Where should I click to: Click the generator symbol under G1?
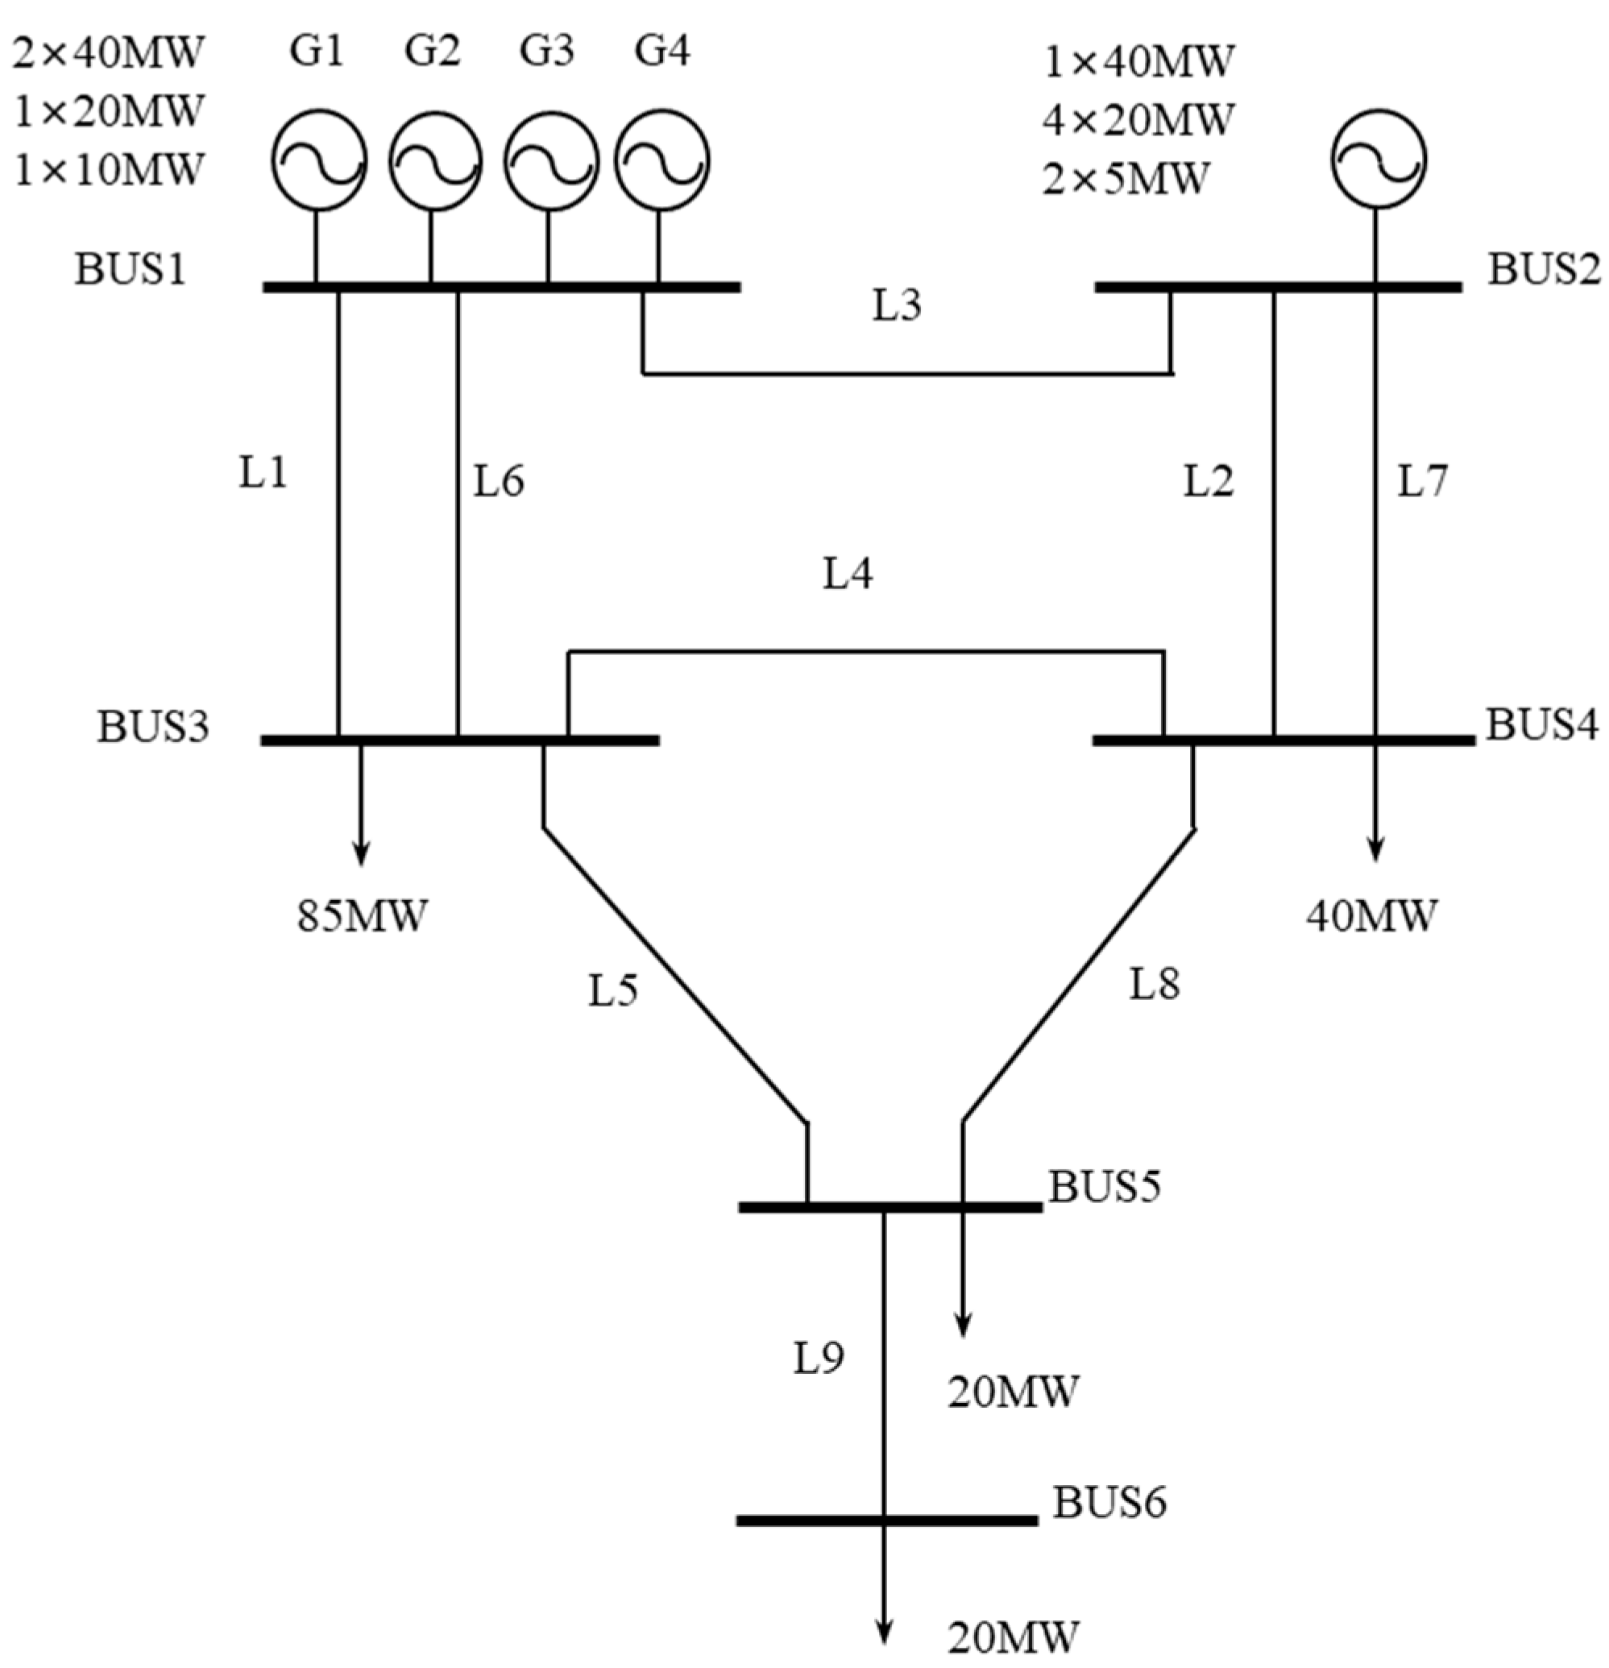pos(319,160)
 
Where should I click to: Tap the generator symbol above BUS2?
pos(1379,159)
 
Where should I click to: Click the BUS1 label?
pos(131,270)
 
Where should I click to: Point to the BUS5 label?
pos(1105,1186)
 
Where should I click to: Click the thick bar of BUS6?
pos(886,1520)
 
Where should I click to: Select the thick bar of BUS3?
pos(459,741)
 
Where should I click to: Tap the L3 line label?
pos(897,305)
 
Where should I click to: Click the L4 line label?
pos(848,575)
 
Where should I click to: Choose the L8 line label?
pos(1155,985)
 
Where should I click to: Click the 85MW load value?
pos(362,917)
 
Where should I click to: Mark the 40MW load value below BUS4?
pos(1371,915)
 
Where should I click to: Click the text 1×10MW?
pos(109,169)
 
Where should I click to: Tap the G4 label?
pos(663,51)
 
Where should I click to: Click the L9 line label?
pos(819,1359)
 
